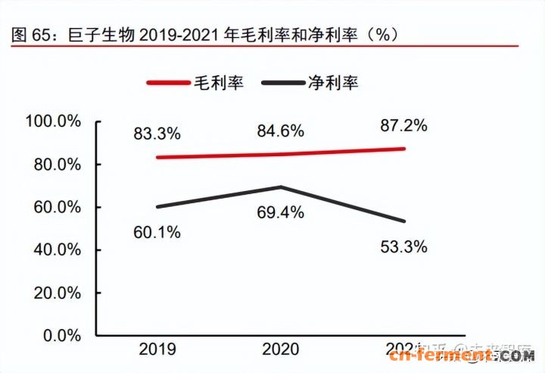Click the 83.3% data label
[x=158, y=134]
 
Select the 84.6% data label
[x=281, y=131]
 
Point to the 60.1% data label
[x=158, y=233]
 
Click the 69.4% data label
[x=281, y=213]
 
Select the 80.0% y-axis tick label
[x=57, y=165]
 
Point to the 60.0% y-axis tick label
[x=57, y=207]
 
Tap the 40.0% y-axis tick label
[x=57, y=249]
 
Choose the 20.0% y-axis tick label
[x=57, y=293]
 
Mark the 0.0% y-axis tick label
[x=61, y=335]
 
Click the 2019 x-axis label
[x=157, y=349]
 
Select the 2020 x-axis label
[x=281, y=349]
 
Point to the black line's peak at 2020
[x=281, y=186]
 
